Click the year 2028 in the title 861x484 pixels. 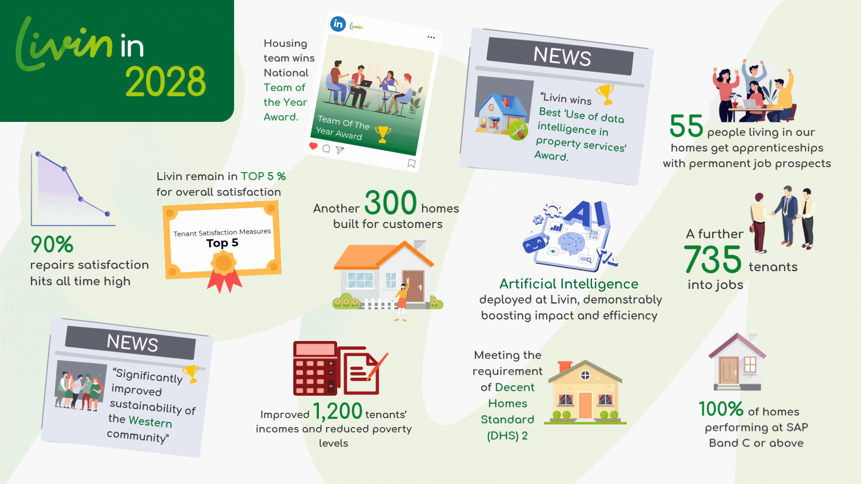[x=165, y=81]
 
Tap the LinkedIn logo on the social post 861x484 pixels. [x=338, y=24]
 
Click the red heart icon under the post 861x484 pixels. [x=313, y=146]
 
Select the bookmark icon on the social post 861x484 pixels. [x=411, y=164]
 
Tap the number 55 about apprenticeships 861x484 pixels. [x=686, y=126]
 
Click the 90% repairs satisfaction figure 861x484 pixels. [x=52, y=244]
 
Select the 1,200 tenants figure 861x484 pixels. [x=337, y=411]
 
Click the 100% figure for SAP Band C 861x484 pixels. [x=721, y=409]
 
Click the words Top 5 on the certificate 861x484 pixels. [x=222, y=243]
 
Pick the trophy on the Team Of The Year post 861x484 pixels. [x=383, y=134]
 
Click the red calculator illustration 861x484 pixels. [x=315, y=368]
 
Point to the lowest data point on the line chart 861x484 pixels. [x=107, y=214]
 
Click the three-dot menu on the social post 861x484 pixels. [x=431, y=37]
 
